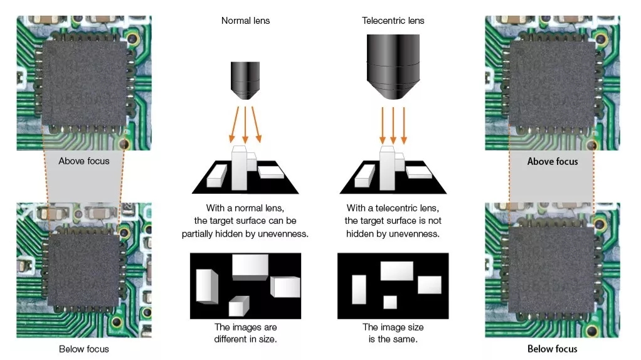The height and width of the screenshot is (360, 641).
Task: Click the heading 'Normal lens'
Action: point(245,21)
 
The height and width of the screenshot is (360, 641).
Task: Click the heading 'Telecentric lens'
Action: point(393,21)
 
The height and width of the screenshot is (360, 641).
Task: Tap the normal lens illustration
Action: point(245,80)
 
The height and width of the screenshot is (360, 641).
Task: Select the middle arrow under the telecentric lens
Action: point(393,124)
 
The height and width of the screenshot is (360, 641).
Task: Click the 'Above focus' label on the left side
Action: point(84,161)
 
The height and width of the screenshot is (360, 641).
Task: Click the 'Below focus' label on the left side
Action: point(84,349)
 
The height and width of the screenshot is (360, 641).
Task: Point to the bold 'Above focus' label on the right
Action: point(553,161)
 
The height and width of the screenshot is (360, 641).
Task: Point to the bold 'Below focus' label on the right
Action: point(553,349)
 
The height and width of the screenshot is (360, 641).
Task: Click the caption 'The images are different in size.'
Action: point(245,333)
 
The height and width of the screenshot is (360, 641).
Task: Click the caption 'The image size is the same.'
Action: point(393,333)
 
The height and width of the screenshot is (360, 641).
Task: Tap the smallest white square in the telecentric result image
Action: point(390,302)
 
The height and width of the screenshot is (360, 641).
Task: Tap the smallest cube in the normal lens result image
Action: point(238,306)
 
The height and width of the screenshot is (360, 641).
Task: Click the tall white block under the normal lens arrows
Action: point(240,167)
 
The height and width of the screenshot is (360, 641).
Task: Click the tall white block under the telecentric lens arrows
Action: point(388,167)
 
